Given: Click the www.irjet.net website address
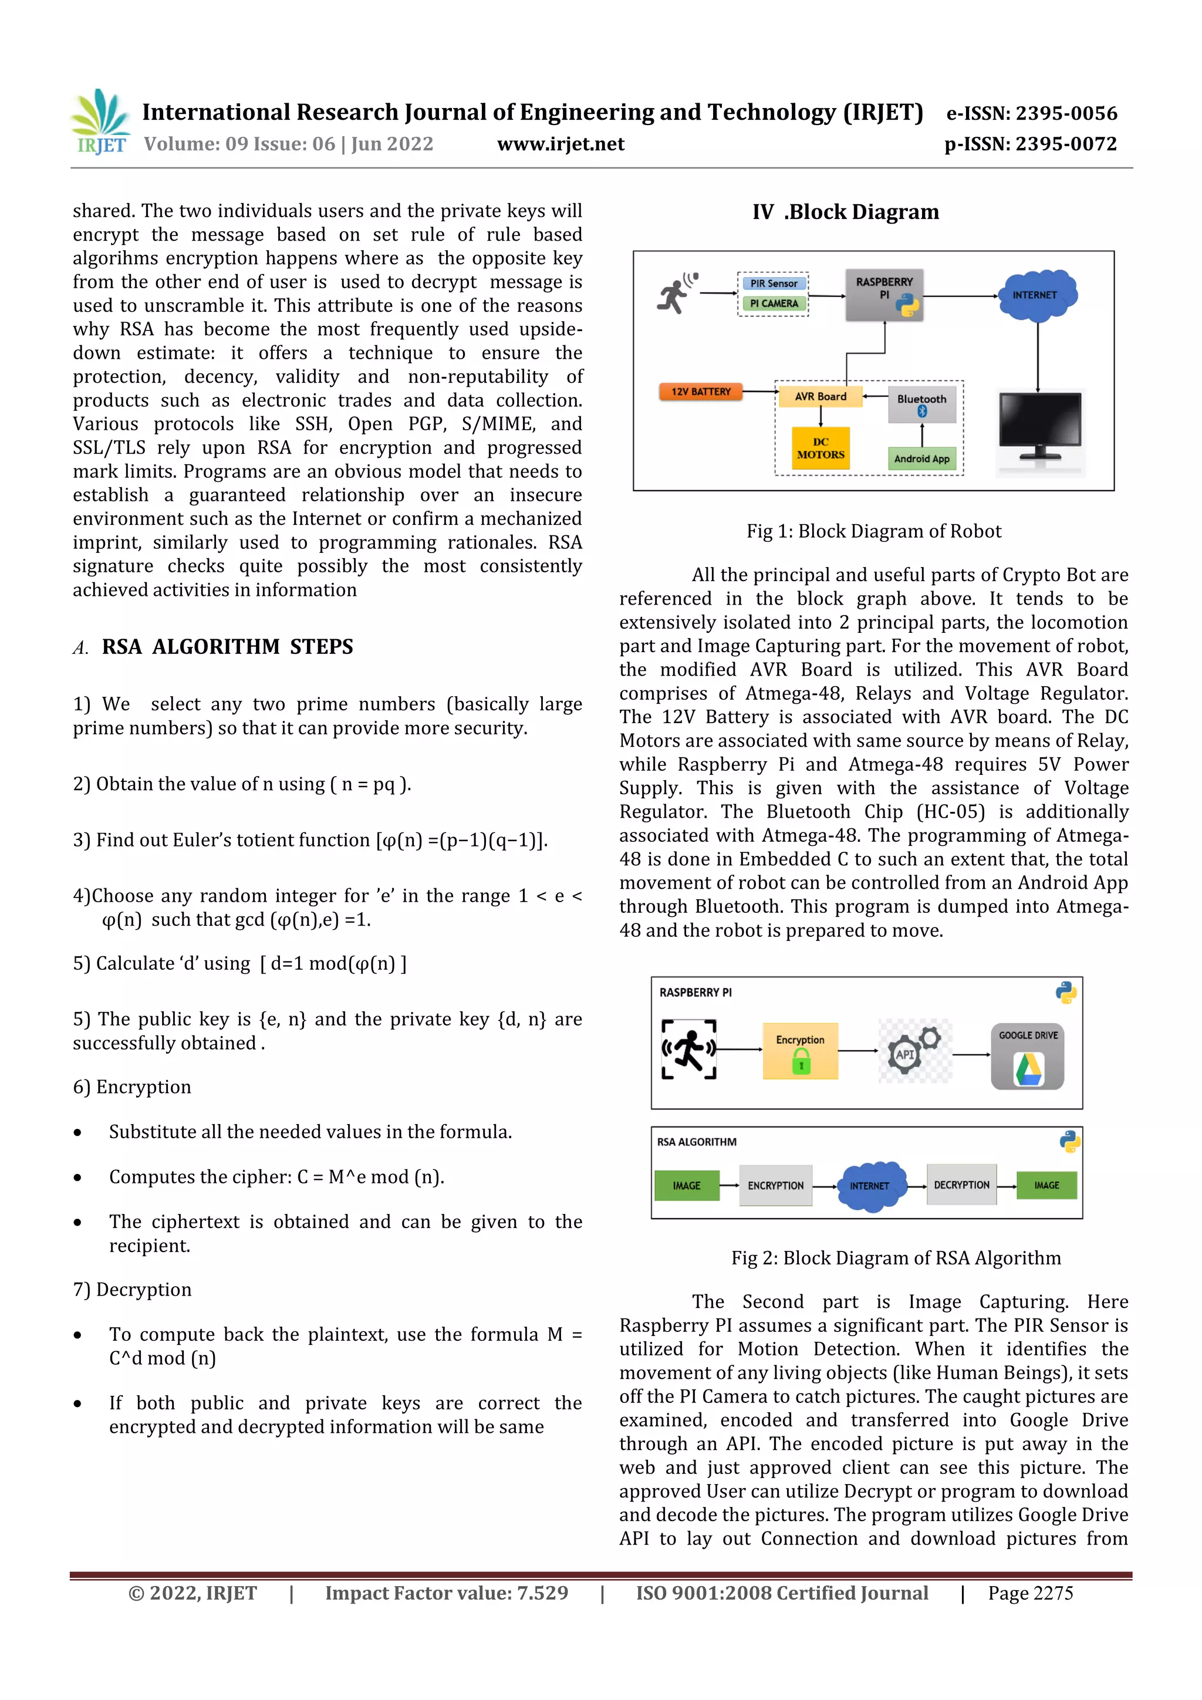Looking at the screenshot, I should [x=561, y=144].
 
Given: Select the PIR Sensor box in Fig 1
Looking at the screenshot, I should [x=774, y=284].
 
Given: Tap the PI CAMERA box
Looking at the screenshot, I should [x=774, y=303].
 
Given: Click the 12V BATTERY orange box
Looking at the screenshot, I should [x=700, y=392].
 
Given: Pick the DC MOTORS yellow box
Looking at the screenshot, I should [x=820, y=448].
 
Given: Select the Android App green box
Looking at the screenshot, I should [x=921, y=458].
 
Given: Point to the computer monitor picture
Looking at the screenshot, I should [x=1039, y=430].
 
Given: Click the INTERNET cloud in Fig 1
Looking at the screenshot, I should [x=1036, y=295].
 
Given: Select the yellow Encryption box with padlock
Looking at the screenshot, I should [x=800, y=1051].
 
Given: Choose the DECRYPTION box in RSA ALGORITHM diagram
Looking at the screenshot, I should [x=961, y=1185].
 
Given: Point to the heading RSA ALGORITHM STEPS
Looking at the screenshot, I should [x=227, y=646].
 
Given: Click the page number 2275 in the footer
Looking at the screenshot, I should [x=1030, y=1593].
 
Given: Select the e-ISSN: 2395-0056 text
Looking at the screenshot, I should [x=1032, y=113].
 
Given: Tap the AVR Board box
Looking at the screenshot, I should [x=820, y=397].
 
